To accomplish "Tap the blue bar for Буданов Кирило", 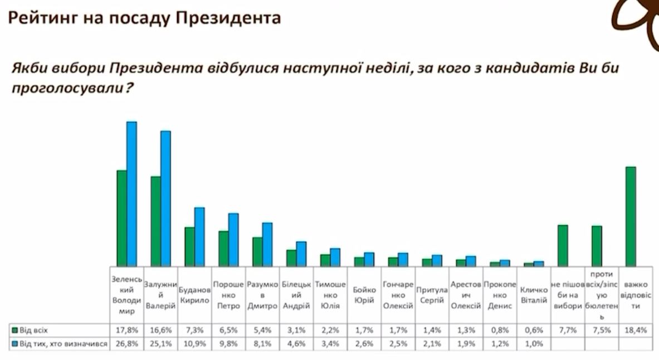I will point(199,236).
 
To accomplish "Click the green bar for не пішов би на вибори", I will point(563,245).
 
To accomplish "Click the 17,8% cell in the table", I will point(126,330).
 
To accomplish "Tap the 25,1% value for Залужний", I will point(160,343).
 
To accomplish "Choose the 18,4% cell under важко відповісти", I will point(636,330).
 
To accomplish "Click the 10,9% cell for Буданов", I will point(194,343).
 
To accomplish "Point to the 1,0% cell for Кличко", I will point(533,343).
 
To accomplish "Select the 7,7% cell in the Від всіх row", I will point(567,330).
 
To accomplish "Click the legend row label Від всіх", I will point(33,330).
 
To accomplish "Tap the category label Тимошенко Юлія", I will point(330,294).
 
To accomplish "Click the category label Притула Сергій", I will point(432,295).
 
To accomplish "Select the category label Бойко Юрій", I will point(364,295).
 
